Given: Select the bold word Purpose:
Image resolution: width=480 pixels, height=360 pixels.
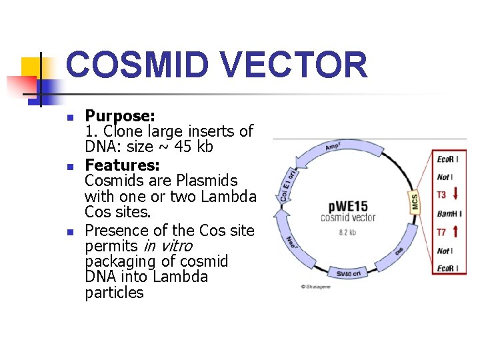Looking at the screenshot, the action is pos(120,116).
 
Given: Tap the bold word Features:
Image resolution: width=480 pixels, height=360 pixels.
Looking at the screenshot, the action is pos(122,164).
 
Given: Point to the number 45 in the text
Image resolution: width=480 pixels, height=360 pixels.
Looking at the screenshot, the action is pos(171,147).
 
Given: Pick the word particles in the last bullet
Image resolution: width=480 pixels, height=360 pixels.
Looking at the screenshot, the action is pos(114,293).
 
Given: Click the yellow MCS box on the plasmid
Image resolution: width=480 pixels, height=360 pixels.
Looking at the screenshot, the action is pos(414,201).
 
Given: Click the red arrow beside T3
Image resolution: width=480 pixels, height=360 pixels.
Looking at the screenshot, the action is pos(456,195).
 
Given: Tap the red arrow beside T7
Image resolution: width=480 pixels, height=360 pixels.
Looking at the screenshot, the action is pos(456,232).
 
